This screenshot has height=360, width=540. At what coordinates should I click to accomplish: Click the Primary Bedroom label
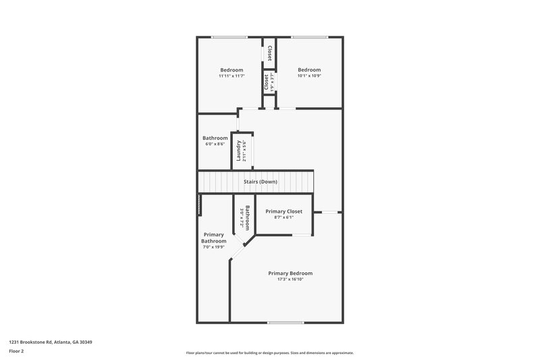coord(290,273)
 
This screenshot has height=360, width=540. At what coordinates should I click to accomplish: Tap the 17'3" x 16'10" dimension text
coord(290,279)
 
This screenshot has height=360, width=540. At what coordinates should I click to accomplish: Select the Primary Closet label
coord(283,211)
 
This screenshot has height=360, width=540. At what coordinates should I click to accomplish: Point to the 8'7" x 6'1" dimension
coord(283,217)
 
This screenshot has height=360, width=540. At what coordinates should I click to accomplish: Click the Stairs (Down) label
coord(260,182)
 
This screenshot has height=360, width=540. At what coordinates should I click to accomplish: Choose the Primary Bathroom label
coord(213,237)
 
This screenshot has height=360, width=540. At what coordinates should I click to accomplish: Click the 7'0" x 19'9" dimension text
coord(213,247)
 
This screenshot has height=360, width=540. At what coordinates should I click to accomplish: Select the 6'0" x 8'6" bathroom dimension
coord(215,144)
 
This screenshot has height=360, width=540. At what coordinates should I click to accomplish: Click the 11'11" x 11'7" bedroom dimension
coord(232,76)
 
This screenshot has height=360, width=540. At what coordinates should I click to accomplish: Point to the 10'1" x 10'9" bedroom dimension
coord(309,76)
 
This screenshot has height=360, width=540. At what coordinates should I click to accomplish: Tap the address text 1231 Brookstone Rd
coord(51,342)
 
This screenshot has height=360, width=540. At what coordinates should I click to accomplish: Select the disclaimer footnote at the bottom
coord(270,353)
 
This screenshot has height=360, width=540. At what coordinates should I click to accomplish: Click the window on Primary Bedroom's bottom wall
coord(285,322)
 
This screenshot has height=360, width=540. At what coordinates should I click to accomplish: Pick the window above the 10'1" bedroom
coord(310,37)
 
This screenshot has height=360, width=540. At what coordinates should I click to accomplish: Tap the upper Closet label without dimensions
coord(269,53)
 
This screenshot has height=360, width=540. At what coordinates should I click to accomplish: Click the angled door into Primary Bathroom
coord(238,252)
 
